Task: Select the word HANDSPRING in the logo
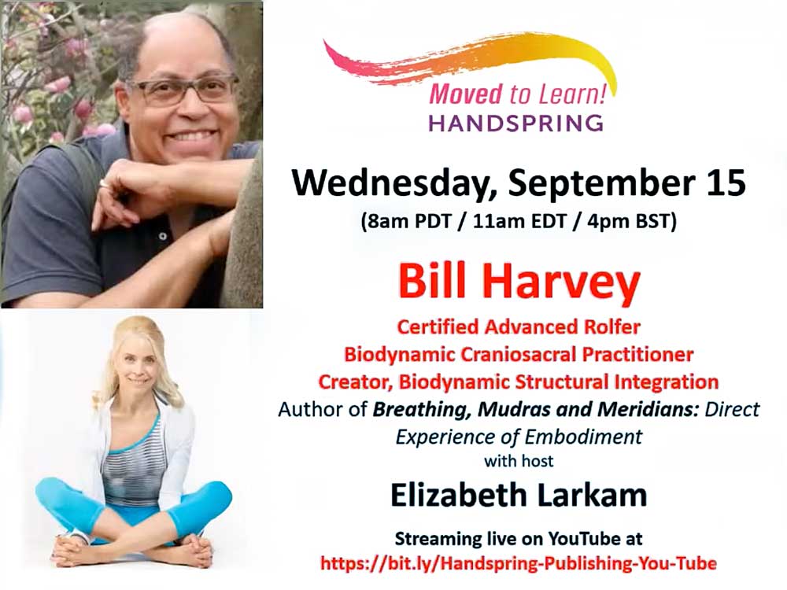(516, 123)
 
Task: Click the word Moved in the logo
(466, 94)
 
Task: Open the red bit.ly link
(519, 563)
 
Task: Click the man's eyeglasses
(185, 90)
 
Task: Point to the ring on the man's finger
(105, 183)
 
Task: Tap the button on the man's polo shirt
(162, 235)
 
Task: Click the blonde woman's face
(136, 372)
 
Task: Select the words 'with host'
(519, 461)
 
